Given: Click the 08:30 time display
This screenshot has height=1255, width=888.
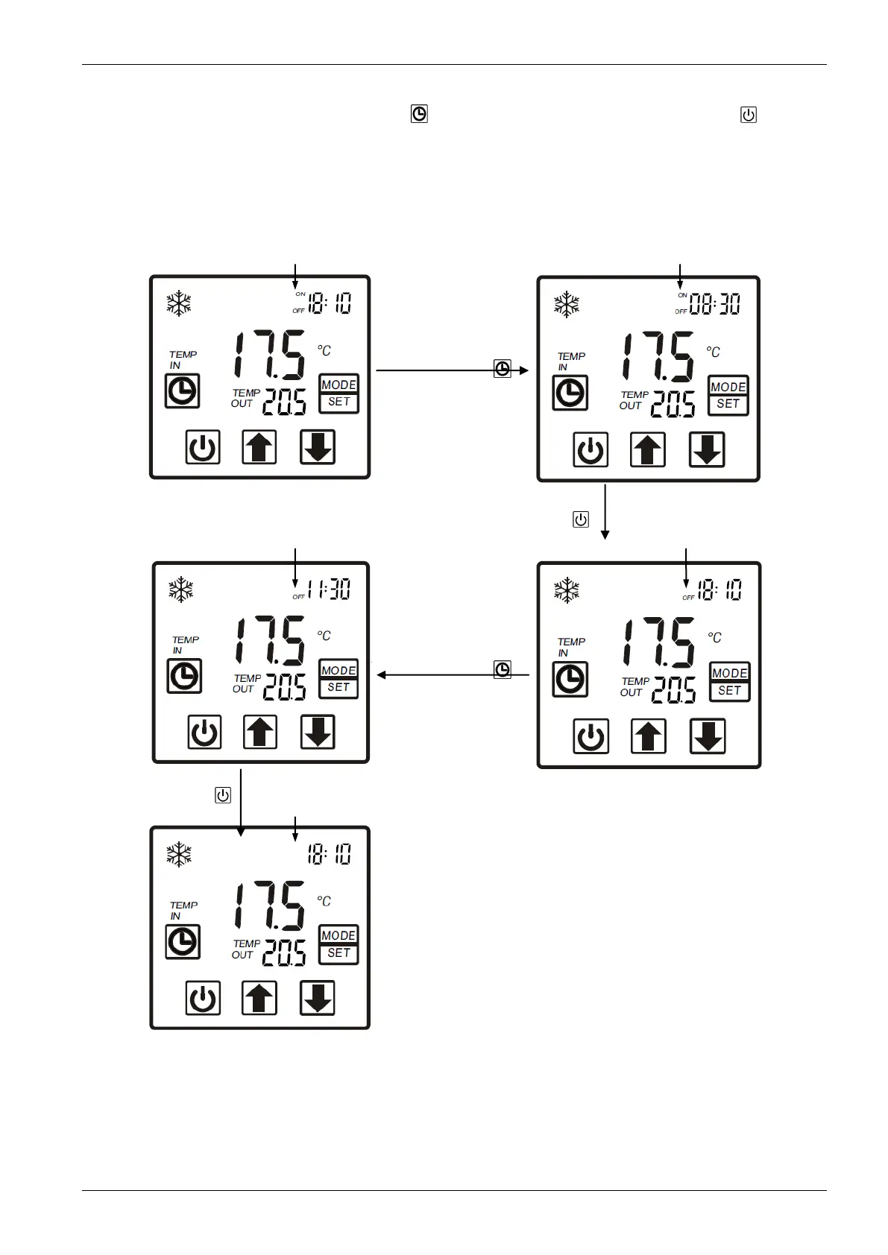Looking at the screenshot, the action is click(x=714, y=303).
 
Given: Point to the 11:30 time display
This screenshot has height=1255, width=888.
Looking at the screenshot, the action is click(x=329, y=589).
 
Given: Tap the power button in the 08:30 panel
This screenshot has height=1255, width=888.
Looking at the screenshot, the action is click(x=591, y=450).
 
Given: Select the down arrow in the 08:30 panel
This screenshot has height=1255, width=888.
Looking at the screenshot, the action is click(x=707, y=450).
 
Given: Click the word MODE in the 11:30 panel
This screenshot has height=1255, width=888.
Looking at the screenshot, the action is click(x=338, y=670).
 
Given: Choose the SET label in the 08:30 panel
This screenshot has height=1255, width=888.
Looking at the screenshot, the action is click(x=728, y=404).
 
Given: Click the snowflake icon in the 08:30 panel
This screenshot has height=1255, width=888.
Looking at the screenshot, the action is click(x=567, y=305).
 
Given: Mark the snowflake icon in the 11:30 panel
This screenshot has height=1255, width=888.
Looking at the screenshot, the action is click(x=181, y=589).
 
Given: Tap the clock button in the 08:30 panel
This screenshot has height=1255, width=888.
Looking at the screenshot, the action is click(x=570, y=393).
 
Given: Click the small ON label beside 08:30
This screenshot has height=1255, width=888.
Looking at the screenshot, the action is click(x=682, y=296).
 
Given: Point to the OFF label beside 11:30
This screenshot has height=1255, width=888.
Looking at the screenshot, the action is click(x=298, y=597).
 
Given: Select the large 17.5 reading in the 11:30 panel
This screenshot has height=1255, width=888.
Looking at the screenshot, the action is click(x=270, y=641).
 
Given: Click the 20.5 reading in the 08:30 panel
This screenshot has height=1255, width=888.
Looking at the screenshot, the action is click(x=673, y=405).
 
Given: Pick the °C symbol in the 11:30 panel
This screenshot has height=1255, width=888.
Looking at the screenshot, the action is click(x=324, y=636).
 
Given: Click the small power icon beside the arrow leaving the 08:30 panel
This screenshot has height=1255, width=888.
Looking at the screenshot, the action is click(x=581, y=519).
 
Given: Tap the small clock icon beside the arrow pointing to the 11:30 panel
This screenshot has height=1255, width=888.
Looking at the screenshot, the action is click(x=503, y=669).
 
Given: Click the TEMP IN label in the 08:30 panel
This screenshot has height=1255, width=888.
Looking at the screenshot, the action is click(x=571, y=361).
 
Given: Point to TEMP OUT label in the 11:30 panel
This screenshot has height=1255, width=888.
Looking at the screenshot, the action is click(x=247, y=683).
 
